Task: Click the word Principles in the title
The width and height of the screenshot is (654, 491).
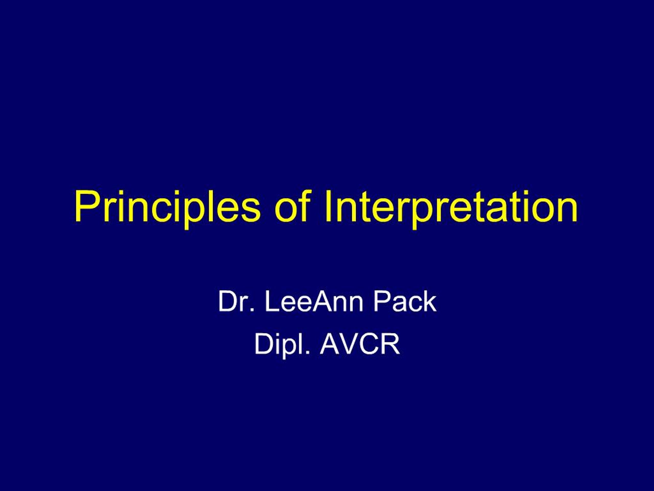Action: pyautogui.click(x=167, y=207)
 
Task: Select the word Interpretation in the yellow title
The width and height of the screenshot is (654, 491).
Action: pyautogui.click(x=451, y=207)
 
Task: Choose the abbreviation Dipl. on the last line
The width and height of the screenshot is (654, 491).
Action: pyautogui.click(x=282, y=344)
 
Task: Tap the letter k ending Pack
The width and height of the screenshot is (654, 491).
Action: pyautogui.click(x=429, y=302)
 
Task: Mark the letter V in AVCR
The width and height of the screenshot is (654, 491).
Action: pyautogui.click(x=349, y=344)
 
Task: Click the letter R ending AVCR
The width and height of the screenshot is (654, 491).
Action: pyautogui.click(x=391, y=344)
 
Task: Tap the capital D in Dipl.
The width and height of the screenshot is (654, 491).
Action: pyautogui.click(x=263, y=344)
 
